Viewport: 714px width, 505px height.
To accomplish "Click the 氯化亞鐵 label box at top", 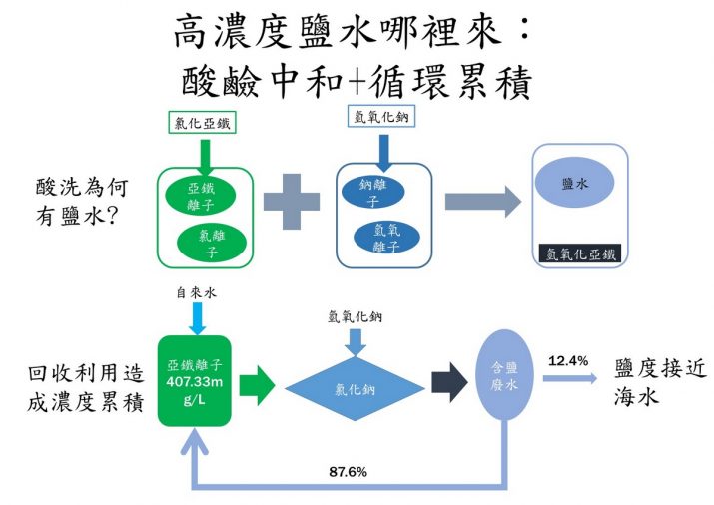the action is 202,123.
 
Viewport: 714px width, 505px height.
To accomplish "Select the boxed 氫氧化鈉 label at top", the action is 381,116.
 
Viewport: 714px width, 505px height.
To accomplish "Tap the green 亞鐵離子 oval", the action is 201,196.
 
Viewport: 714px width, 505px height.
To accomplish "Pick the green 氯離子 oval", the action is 212,243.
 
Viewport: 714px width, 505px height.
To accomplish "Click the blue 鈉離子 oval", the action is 373,192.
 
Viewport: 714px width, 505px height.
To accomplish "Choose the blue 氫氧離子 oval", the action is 386,238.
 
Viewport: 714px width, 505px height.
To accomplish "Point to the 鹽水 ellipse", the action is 575,182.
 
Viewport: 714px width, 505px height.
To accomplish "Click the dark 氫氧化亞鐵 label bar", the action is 580,253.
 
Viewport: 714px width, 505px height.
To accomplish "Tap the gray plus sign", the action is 292,201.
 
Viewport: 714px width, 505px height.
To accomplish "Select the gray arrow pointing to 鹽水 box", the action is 483,201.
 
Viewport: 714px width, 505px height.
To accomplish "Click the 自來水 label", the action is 197,293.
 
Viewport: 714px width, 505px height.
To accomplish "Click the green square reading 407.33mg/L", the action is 195,381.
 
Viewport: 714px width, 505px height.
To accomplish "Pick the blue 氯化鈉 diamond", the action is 356,389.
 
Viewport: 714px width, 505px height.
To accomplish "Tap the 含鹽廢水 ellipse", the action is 504,375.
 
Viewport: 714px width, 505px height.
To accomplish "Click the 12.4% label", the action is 568,361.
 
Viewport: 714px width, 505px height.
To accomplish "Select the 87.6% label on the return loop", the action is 348,472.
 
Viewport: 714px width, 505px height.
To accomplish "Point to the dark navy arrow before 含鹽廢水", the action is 449,382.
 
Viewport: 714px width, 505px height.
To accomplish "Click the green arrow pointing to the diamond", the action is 257,385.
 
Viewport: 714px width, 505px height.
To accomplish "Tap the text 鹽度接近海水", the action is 660,382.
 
